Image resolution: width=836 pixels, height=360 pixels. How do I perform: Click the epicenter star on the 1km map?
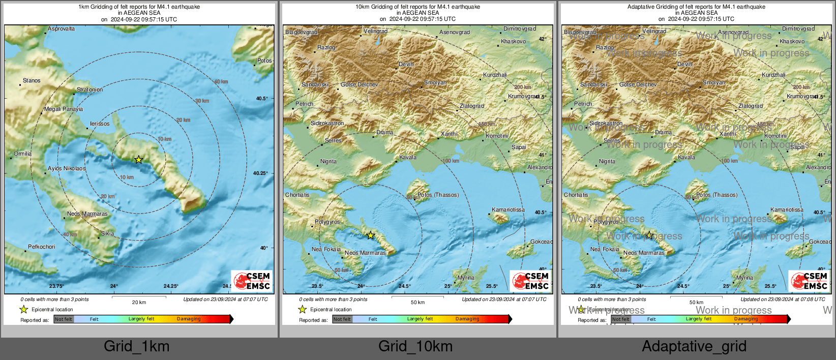click(138, 160)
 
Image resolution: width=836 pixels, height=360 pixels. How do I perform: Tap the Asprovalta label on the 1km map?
click(61, 29)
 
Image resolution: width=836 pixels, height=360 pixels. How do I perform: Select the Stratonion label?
click(89, 89)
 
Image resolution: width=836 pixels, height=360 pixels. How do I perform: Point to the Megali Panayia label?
click(64, 109)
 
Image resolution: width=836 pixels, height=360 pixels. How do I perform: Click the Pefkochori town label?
click(42, 247)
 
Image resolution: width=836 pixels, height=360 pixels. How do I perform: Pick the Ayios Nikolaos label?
click(67, 168)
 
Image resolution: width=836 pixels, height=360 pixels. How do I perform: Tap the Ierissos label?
click(100, 124)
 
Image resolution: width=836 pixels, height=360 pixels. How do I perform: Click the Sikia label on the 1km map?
click(107, 233)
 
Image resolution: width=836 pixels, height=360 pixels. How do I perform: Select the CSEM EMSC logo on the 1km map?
click(252, 281)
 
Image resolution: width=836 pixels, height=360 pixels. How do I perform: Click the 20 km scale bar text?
click(139, 302)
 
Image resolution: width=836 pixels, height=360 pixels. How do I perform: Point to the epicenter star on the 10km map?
click(371, 235)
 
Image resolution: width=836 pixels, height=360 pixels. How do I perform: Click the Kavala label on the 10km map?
click(408, 157)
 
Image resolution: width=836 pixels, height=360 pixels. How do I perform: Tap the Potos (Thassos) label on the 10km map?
click(438, 195)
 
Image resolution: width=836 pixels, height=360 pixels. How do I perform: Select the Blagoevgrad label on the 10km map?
click(301, 32)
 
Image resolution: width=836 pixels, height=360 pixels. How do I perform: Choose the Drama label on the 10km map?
click(384, 132)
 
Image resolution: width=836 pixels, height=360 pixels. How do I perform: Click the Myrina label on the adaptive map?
click(744, 278)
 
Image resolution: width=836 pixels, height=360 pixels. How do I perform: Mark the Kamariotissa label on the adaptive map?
click(787, 209)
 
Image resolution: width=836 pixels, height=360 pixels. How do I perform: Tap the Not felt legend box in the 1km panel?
click(64, 319)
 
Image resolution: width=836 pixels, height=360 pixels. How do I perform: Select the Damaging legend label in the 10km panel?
click(467, 319)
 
